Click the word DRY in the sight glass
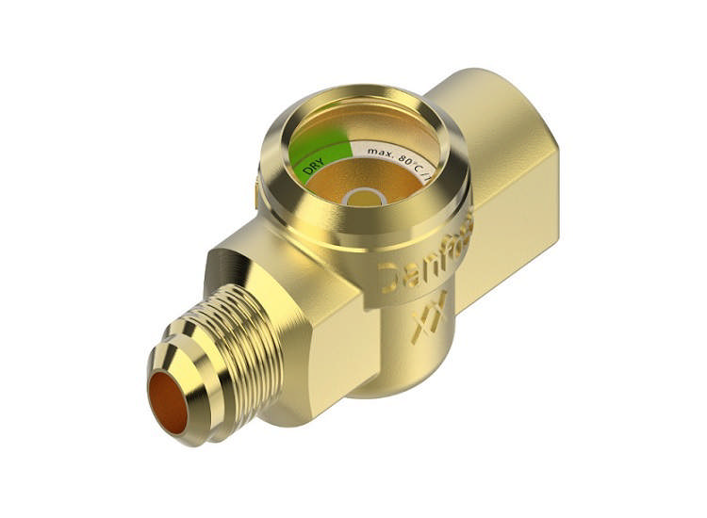[x=314, y=168]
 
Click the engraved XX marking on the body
[x=430, y=316]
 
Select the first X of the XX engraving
[x=421, y=326]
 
